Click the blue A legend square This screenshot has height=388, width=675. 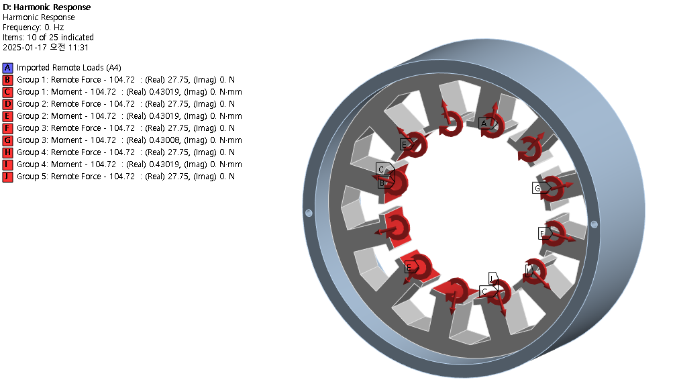click(x=7, y=68)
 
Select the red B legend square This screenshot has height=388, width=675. click(x=7, y=80)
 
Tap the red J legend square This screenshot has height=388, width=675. click(x=7, y=177)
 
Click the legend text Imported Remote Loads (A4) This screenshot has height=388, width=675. click(x=69, y=68)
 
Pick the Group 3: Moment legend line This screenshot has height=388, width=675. click(x=129, y=140)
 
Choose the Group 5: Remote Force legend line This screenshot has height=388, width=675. click(x=125, y=177)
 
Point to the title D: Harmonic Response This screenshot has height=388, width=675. click(x=46, y=7)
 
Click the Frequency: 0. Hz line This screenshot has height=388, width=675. click(x=33, y=27)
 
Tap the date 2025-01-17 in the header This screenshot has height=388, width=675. click(x=24, y=48)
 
